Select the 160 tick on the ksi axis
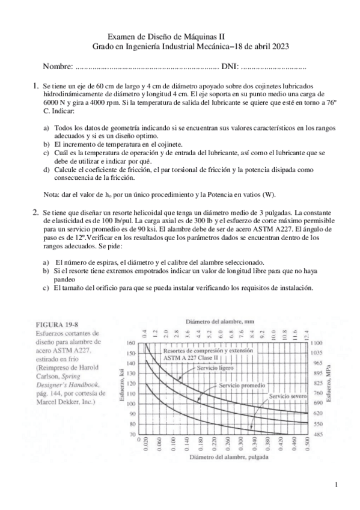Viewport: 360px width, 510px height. [x=131, y=343]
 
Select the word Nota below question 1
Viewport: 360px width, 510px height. [x=53, y=195]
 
